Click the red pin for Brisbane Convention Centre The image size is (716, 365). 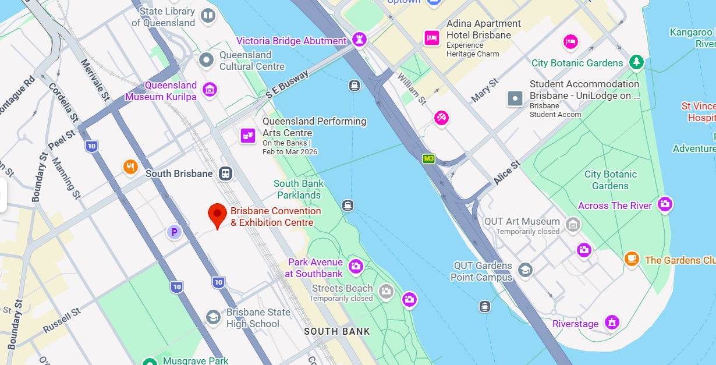(x=217, y=214)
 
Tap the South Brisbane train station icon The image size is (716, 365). (x=225, y=173)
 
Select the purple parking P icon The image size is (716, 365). (x=174, y=232)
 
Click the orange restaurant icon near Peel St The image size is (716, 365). (x=130, y=167)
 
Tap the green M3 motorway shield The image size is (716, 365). (x=428, y=158)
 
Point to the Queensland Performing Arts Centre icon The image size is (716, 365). (x=248, y=136)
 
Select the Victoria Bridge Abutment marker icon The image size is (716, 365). (x=359, y=40)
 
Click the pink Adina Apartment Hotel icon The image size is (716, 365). (x=431, y=38)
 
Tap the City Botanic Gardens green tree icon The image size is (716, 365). (x=637, y=62)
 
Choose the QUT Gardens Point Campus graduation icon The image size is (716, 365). (x=525, y=270)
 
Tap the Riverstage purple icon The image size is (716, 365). (x=611, y=321)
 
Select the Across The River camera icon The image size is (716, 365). (x=665, y=204)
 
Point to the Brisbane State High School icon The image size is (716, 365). (x=213, y=317)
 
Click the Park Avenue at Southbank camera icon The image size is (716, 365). (x=356, y=267)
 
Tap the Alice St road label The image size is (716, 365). (x=506, y=173)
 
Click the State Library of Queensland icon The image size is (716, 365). (x=208, y=16)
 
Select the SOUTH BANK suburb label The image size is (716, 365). (x=337, y=331)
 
